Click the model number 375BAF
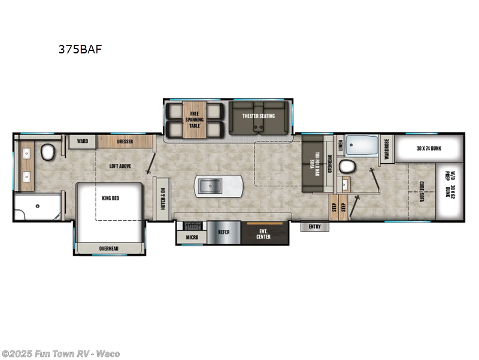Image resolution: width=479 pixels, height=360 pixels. tap(80, 50)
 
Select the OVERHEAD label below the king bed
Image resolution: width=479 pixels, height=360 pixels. tap(110, 248)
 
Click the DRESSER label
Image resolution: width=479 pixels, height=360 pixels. tap(125, 142)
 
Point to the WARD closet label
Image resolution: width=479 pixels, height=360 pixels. tap(82, 142)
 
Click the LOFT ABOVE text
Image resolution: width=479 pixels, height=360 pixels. tap(120, 166)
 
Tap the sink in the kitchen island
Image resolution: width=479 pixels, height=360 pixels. tap(210, 187)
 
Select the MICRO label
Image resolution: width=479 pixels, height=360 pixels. tap(192, 237)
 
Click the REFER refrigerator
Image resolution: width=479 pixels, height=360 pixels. tap(223, 232)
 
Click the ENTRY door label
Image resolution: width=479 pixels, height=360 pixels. tap(315, 227)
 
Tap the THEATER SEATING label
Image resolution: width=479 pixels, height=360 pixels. tap(259, 116)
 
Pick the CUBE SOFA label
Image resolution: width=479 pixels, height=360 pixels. tap(422, 193)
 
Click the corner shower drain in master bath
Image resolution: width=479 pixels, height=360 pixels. tap(37, 206)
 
